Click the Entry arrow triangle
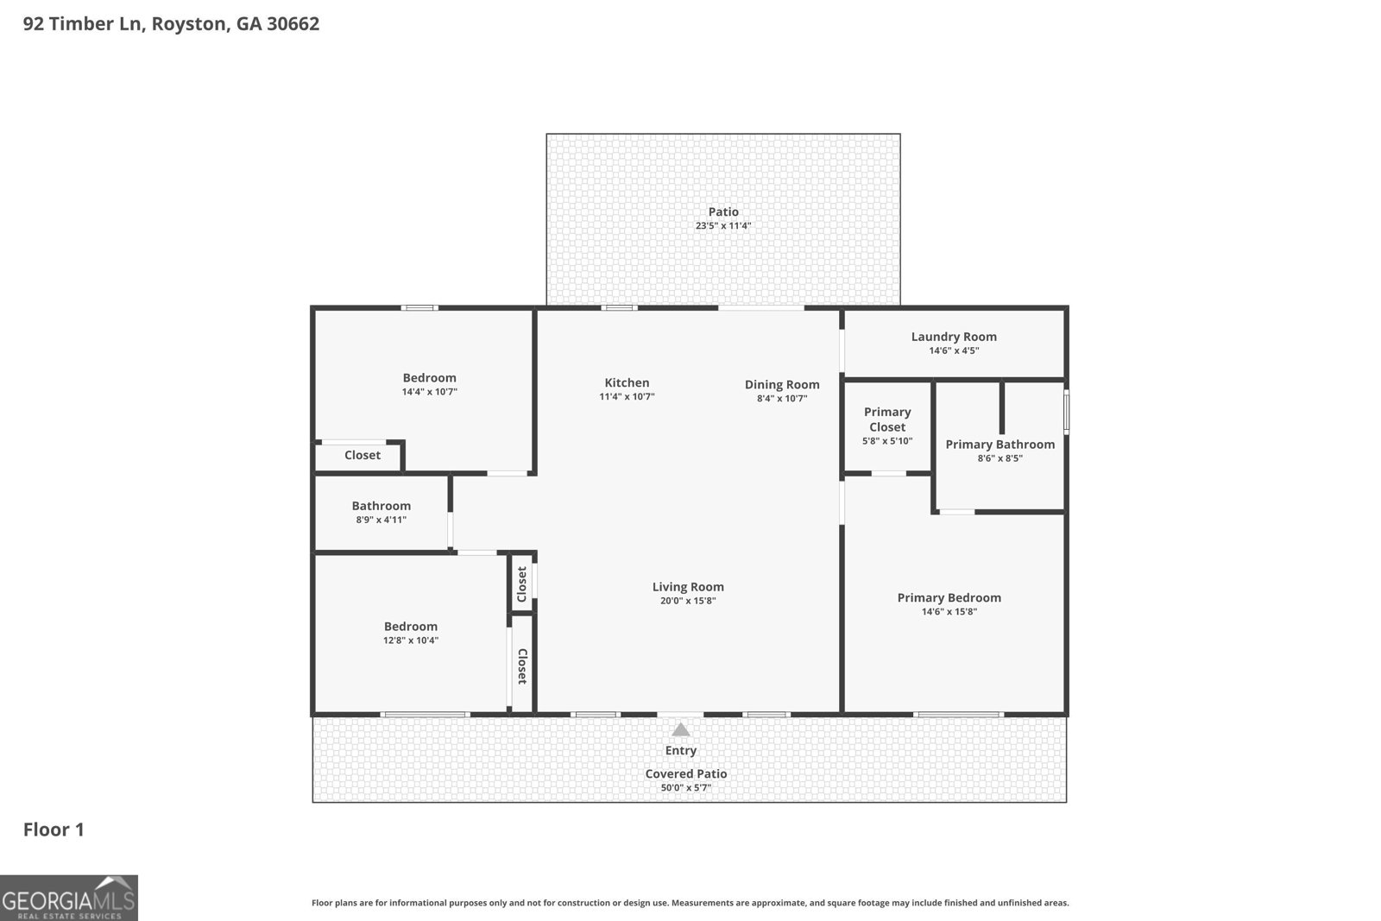[x=681, y=730]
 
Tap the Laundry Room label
[x=954, y=337]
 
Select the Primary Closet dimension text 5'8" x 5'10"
[x=887, y=441]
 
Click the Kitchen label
[x=627, y=382]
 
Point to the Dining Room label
[x=782, y=384]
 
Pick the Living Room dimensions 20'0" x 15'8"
[x=688, y=601]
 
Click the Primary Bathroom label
[x=999, y=444]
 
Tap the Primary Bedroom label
[x=949, y=597]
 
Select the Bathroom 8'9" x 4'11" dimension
[x=381, y=520]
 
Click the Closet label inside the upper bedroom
[x=362, y=455]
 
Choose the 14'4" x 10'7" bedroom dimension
[x=429, y=392]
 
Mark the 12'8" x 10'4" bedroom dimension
[x=411, y=640]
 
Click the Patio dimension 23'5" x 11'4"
[x=723, y=226]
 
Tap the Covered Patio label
[x=686, y=773]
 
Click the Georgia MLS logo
[x=68, y=898]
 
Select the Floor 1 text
[x=54, y=830]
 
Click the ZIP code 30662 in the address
[x=293, y=23]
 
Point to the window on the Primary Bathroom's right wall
[x=1066, y=412]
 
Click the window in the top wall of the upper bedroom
[x=419, y=307]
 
